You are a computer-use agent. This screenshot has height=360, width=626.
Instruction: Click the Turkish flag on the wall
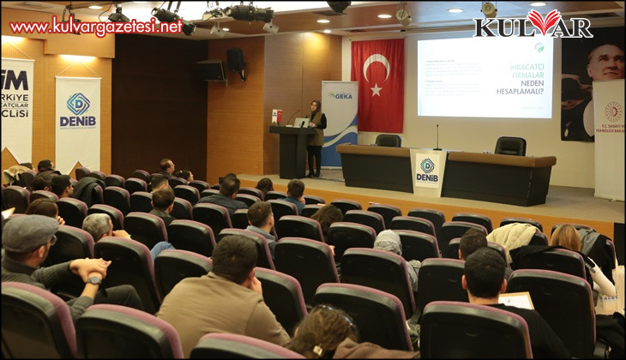click(x=377, y=84)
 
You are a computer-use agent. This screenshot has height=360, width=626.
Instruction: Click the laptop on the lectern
click(x=301, y=123)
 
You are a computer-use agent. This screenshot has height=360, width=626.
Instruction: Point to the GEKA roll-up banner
click(x=339, y=120)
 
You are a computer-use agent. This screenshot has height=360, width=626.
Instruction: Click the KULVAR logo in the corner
click(x=533, y=23)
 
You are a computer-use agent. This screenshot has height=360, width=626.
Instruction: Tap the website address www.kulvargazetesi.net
click(x=96, y=27)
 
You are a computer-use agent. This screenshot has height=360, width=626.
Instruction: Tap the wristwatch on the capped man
click(x=95, y=279)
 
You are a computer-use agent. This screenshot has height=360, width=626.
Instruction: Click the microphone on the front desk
click(x=436, y=137)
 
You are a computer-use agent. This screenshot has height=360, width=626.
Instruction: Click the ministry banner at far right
click(x=609, y=137)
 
